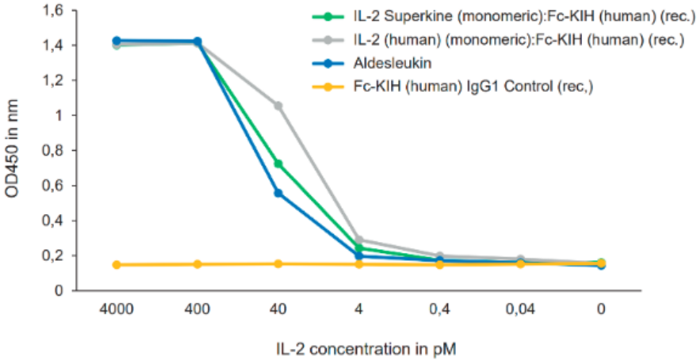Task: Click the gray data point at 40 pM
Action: [x=278, y=105]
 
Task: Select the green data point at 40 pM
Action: [x=278, y=164]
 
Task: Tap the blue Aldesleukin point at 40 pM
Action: [x=278, y=193]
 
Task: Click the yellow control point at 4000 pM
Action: [x=117, y=265]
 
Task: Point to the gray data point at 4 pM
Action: [x=358, y=239]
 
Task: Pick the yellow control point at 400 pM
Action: [x=197, y=264]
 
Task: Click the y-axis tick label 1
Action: [x=59, y=115]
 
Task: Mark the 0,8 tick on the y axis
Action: [x=55, y=150]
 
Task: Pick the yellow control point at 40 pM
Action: [x=278, y=264]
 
